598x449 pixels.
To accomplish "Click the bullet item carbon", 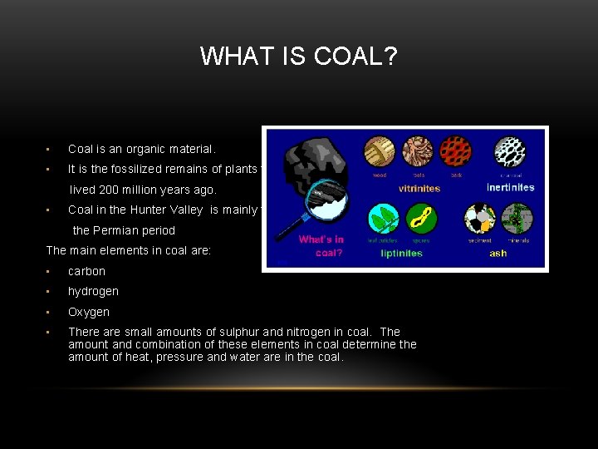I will click(x=86, y=271).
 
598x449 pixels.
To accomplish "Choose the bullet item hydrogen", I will click(x=93, y=291).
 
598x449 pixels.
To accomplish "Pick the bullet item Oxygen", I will click(x=89, y=312).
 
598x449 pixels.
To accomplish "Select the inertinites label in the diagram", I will click(x=510, y=188).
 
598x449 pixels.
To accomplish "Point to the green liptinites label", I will click(x=401, y=254).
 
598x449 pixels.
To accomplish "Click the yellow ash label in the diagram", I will click(x=498, y=254).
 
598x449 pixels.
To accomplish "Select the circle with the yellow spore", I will click(x=420, y=218).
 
